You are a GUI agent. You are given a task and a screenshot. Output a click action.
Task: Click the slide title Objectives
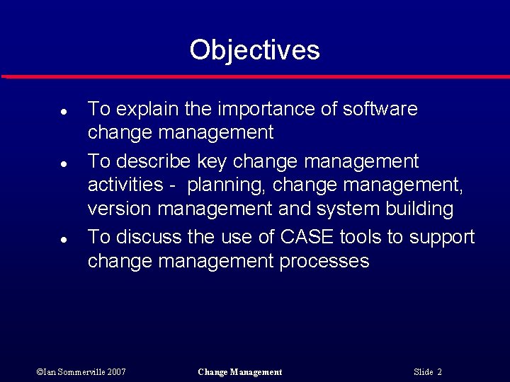[254, 50]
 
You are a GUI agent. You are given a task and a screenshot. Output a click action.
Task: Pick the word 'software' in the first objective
[380, 109]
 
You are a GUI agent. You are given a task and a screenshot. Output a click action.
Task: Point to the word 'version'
[120, 209]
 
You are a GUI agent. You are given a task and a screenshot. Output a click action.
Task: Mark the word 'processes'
[324, 262]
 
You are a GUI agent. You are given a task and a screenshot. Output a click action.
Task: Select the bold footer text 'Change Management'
[240, 372]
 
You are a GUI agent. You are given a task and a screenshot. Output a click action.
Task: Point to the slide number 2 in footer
[439, 372]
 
